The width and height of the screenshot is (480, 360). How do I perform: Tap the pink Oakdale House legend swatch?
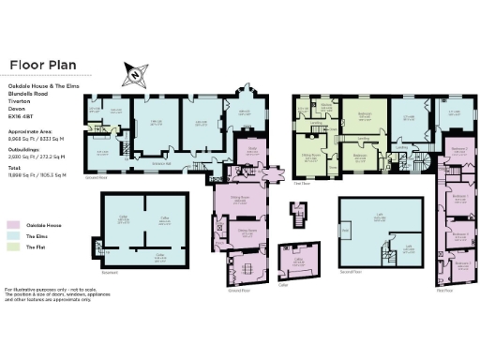pyautogui.click(x=13, y=225)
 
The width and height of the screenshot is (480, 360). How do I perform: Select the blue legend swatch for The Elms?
pyautogui.click(x=13, y=237)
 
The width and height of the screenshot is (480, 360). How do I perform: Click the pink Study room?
pyautogui.click(x=252, y=149)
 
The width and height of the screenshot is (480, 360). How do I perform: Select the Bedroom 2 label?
pyautogui.click(x=457, y=149)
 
